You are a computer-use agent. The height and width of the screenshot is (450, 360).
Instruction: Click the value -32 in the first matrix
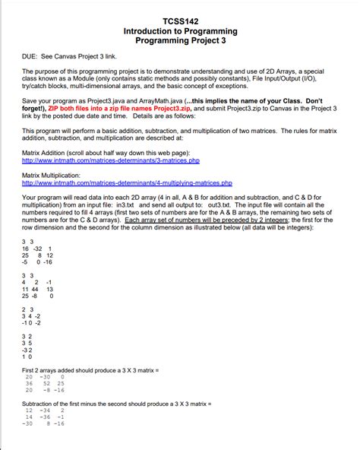click(x=35, y=249)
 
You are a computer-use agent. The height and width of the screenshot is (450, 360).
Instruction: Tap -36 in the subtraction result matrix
click(x=47, y=417)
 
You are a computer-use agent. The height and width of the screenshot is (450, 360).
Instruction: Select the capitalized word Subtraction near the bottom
click(x=43, y=401)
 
